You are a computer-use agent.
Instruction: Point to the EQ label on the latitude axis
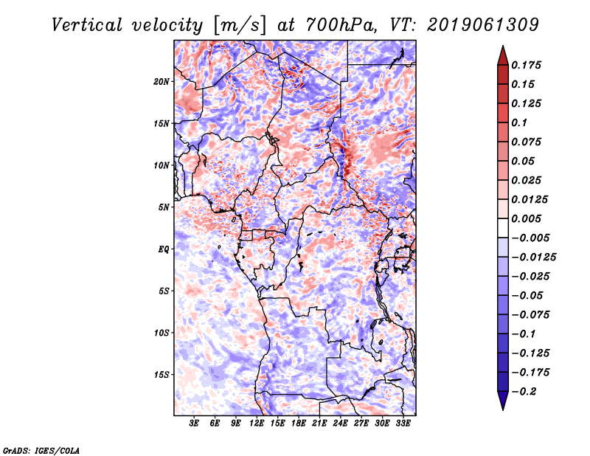point(164,249)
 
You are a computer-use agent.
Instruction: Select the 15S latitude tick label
point(162,375)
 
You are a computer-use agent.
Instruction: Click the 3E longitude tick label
point(195,423)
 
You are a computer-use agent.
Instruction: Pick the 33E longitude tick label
point(403,423)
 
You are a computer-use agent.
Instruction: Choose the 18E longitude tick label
point(299,423)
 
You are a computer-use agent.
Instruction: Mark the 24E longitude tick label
point(340,423)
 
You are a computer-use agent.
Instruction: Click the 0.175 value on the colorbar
point(530,65)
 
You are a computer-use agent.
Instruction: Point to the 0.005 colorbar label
point(530,219)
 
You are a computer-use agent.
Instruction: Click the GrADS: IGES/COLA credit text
point(41,449)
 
